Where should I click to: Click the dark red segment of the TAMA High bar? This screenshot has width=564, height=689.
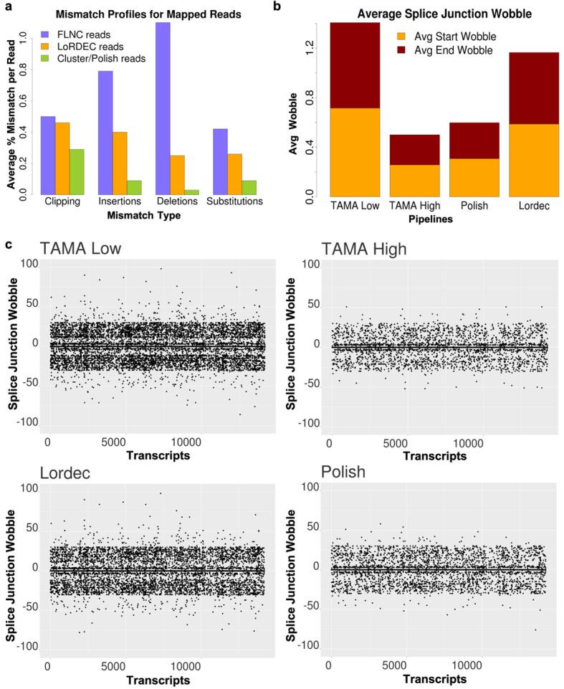click(415, 150)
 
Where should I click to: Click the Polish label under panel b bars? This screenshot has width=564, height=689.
click(474, 206)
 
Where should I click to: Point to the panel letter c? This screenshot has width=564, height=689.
click(8, 244)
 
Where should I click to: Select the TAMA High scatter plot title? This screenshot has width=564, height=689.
click(365, 250)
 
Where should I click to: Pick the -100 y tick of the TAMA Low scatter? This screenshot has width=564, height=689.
click(27, 422)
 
